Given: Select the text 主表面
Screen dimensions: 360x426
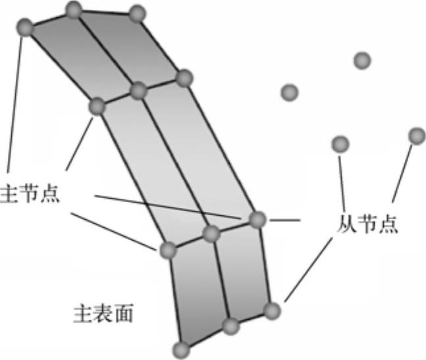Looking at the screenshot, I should coord(102,314).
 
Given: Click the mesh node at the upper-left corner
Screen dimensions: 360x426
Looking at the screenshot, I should coord(24,28).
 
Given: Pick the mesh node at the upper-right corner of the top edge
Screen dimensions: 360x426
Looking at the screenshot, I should coord(136,13).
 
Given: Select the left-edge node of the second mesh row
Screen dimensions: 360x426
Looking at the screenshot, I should coord(97,105).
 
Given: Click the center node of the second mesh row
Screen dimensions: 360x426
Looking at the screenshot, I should coord(138,90).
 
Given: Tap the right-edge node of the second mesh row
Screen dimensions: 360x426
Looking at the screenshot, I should coord(184,78).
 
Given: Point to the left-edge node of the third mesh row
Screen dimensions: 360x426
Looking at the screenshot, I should coord(167,250).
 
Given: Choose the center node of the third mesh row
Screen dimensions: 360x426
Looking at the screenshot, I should coord(211,233).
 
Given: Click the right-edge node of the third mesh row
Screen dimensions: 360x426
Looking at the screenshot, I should coord(257,219).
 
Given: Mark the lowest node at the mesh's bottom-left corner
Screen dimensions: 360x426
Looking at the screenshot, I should coord(180,349).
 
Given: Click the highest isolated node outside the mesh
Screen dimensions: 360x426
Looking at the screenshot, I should coord(361,61).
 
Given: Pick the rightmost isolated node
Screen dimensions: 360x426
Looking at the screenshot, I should coord(417,136).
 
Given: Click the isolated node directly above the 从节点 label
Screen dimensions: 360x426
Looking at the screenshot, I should coord(340,143).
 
